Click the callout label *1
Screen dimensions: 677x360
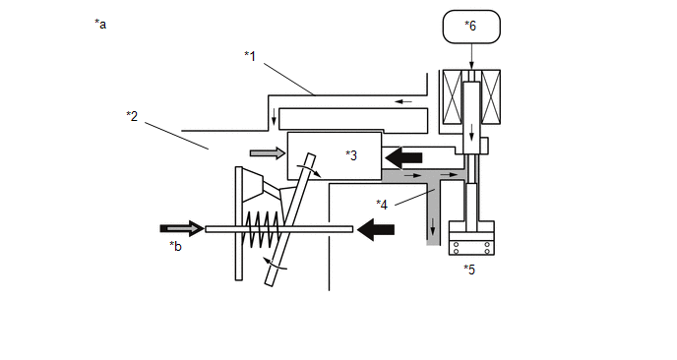pyautogui.click(x=250, y=56)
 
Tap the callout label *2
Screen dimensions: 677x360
pyautogui.click(x=132, y=116)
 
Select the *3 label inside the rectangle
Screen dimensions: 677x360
pyautogui.click(x=351, y=155)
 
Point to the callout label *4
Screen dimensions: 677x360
pyautogui.click(x=382, y=205)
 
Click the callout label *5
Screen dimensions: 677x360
pyautogui.click(x=469, y=270)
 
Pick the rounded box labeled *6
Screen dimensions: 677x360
pyautogui.click(x=471, y=27)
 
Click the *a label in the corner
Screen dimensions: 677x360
pyautogui.click(x=100, y=25)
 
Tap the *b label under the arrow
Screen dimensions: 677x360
pyautogui.click(x=175, y=246)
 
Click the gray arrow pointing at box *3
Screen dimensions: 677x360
pyautogui.click(x=268, y=152)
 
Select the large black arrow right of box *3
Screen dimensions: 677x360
pyautogui.click(x=403, y=157)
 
